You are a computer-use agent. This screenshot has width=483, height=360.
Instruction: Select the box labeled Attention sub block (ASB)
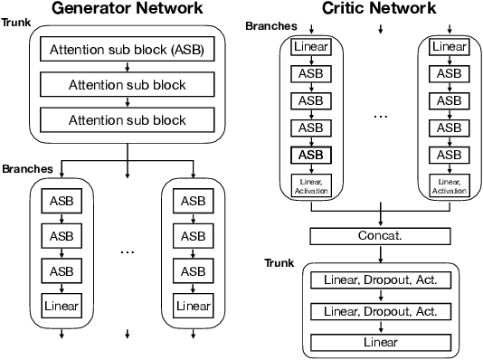pyautogui.click(x=127, y=51)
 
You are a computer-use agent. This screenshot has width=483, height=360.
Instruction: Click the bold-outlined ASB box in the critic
pyautogui.click(x=310, y=155)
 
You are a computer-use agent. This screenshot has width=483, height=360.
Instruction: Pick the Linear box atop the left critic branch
pyautogui.click(x=310, y=46)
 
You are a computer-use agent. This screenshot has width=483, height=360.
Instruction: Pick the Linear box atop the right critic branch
pyautogui.click(x=450, y=46)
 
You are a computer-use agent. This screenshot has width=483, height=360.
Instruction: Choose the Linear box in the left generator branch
pyautogui.click(x=61, y=306)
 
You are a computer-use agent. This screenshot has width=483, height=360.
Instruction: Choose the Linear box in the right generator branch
pyautogui.click(x=193, y=306)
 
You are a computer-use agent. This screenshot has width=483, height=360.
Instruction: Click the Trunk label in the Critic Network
pyautogui.click(x=279, y=262)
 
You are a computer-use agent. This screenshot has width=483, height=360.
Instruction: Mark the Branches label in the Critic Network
pyautogui.click(x=270, y=26)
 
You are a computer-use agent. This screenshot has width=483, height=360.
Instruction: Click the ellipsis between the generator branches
pyautogui.click(x=127, y=251)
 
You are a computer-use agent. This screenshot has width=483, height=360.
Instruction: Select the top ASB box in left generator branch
pyautogui.click(x=61, y=200)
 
